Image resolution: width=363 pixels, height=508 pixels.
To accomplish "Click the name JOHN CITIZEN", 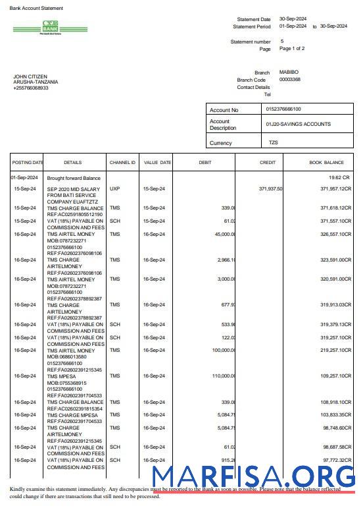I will tap(30, 76).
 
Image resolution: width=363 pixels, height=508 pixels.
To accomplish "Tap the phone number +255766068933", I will tap(31, 88).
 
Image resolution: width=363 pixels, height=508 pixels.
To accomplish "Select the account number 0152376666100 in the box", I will tap(283, 109).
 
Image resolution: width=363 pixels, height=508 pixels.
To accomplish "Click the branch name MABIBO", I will tap(289, 72).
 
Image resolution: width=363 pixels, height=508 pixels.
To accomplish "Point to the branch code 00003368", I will tap(290, 79).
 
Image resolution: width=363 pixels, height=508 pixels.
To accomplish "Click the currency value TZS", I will tap(274, 142).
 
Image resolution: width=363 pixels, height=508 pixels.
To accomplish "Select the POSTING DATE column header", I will tap(27, 162).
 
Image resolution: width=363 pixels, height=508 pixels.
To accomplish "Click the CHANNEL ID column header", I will tap(122, 162).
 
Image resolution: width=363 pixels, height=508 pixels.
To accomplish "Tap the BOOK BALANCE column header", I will tap(326, 162).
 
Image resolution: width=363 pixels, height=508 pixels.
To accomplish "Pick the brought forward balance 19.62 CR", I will tap(340, 178).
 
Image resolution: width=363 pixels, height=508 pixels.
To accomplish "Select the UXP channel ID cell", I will tap(115, 188).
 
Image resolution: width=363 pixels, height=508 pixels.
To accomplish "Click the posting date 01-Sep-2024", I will tap(24, 178).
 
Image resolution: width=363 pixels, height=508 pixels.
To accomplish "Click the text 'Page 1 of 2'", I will tap(292, 49).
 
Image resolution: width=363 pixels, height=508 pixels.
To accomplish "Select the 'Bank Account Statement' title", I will tap(37, 9).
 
